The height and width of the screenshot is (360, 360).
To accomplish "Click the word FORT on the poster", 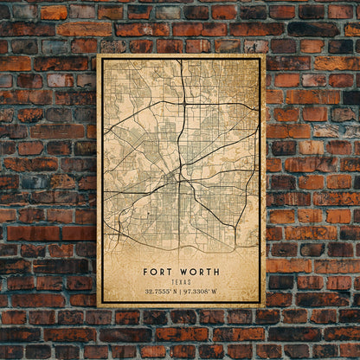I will tap(158, 272).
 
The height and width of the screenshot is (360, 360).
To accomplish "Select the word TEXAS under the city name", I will tap(181, 281).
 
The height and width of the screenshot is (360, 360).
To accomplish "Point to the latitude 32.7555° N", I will tap(159, 292).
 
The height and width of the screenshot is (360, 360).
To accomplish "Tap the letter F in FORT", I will tap(145, 272).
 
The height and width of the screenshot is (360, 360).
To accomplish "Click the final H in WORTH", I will tap(216, 272).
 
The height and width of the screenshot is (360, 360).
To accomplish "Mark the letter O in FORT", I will tap(153, 272).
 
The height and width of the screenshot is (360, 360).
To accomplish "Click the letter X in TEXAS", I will tap(181, 281).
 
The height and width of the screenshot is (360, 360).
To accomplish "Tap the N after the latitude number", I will tap(176, 292).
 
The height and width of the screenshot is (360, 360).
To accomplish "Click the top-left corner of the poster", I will tap(98, 55).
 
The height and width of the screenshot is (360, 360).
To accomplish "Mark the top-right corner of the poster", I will tap(264, 55).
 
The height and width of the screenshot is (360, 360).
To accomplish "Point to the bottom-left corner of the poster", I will tap(98, 306).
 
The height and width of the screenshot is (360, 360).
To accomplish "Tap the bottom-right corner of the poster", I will tap(264, 306).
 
